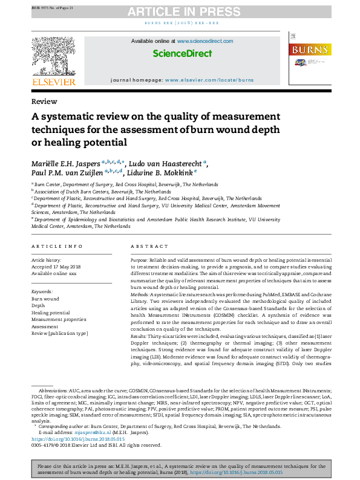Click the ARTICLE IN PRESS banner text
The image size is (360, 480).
pyautogui.click(x=179, y=12)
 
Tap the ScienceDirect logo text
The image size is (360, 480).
pyautogui.click(x=182, y=53)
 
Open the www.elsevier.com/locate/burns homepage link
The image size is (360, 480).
pyautogui.click(x=209, y=80)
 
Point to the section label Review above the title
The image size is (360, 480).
pyautogui.click(x=44, y=102)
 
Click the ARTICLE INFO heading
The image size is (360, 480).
pyautogui.click(x=57, y=247)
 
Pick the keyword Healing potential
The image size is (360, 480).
pyautogui.click(x=51, y=313)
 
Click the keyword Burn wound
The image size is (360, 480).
pyautogui.click(x=45, y=299)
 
